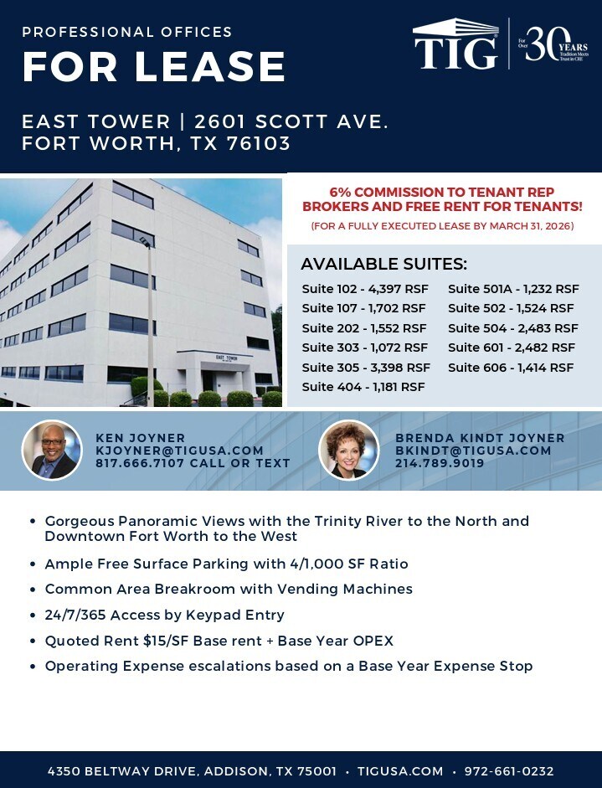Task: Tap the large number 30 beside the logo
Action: tap(544, 43)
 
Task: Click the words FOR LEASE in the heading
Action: tap(154, 67)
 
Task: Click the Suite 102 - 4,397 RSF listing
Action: tap(364, 289)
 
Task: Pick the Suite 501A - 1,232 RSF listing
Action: tap(513, 289)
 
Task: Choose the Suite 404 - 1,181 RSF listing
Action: tap(363, 387)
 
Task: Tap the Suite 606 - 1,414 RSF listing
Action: tap(511, 368)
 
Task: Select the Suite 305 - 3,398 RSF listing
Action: tap(366, 368)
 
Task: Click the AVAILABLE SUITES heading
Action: tap(383, 264)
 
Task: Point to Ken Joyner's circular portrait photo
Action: tap(52, 451)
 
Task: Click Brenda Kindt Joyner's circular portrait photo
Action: tap(349, 451)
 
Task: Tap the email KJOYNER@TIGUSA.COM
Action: tap(179, 451)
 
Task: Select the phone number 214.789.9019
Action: tap(440, 463)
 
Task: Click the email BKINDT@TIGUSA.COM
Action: tap(473, 451)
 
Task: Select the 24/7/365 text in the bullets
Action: tap(75, 615)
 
